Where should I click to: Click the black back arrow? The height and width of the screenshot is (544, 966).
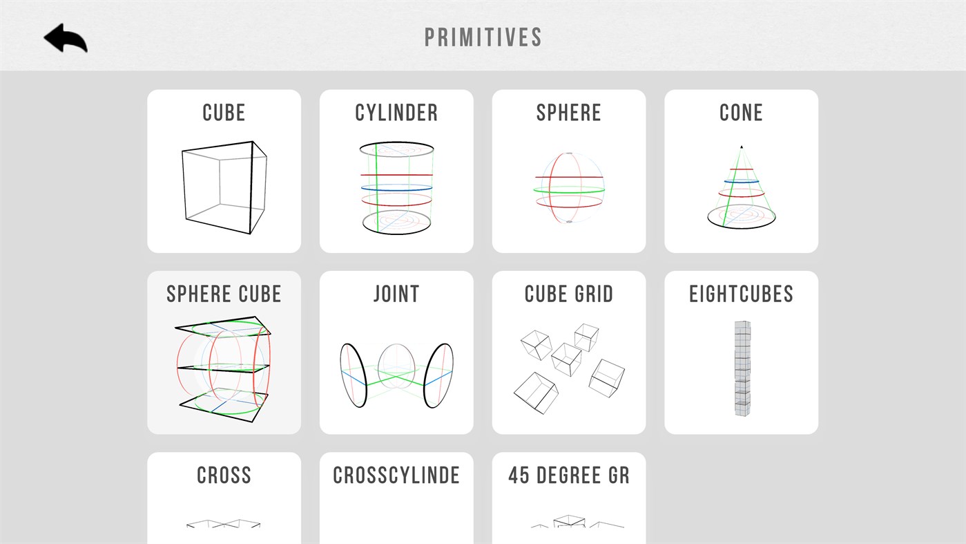click(66, 38)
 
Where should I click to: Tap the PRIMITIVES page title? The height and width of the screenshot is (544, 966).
click(483, 37)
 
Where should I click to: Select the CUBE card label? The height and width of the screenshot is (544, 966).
click(224, 113)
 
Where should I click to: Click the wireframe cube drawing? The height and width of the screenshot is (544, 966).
click(224, 188)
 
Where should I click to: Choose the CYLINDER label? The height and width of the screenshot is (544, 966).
click(396, 113)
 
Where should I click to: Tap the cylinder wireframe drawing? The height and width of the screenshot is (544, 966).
click(396, 188)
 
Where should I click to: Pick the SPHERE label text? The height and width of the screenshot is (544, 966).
click(569, 113)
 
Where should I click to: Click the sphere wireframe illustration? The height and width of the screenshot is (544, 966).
click(569, 188)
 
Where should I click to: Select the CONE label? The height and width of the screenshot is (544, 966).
click(741, 113)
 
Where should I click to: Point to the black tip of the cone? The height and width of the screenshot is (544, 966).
click(742, 147)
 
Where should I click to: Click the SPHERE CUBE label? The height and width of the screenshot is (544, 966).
click(224, 294)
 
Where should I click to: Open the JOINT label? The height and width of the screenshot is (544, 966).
click(396, 294)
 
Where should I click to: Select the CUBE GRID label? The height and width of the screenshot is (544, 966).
click(569, 294)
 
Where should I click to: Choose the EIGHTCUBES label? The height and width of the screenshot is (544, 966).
click(741, 294)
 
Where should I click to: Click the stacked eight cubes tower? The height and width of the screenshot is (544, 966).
click(742, 368)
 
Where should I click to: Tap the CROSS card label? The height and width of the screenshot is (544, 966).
click(224, 475)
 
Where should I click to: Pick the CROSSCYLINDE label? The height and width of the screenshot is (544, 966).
click(396, 475)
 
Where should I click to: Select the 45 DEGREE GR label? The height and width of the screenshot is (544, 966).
click(569, 475)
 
